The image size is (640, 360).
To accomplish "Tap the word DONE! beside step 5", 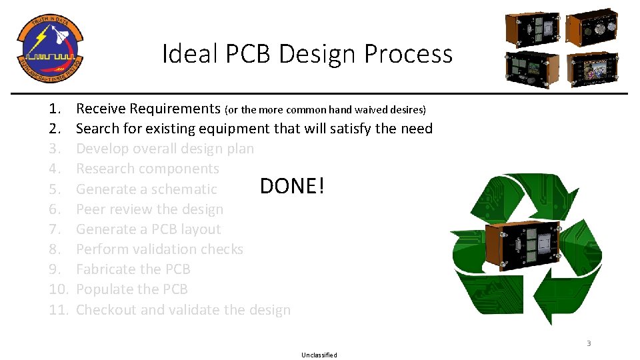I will (x=292, y=186).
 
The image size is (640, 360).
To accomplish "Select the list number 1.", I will (x=55, y=109).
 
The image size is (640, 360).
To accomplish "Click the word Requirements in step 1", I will (x=175, y=109).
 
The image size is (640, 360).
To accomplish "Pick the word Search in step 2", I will (x=98, y=129).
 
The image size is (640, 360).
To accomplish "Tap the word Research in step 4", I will (x=105, y=169).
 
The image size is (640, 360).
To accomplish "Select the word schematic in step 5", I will (x=184, y=189).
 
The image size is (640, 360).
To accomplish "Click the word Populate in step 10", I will (x=104, y=289).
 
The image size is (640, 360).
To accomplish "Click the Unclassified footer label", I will (x=319, y=355).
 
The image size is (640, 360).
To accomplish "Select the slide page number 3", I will (x=589, y=343).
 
